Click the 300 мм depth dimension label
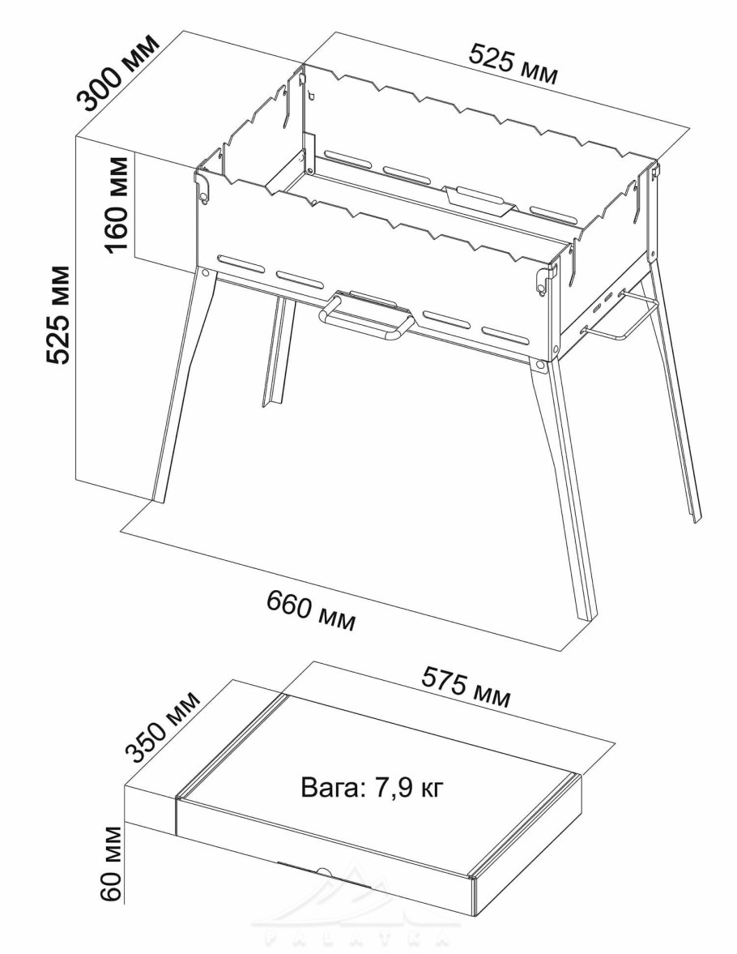(x=118, y=72)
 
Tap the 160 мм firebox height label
(x=116, y=204)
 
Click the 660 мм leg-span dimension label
(x=311, y=611)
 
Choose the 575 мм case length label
(x=466, y=687)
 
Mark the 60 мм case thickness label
(x=112, y=863)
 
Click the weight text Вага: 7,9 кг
(x=373, y=787)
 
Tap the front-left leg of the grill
(x=181, y=387)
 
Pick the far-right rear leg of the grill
(x=675, y=389)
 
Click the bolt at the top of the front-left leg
(x=206, y=273)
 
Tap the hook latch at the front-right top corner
(x=540, y=281)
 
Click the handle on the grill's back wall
(x=478, y=200)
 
